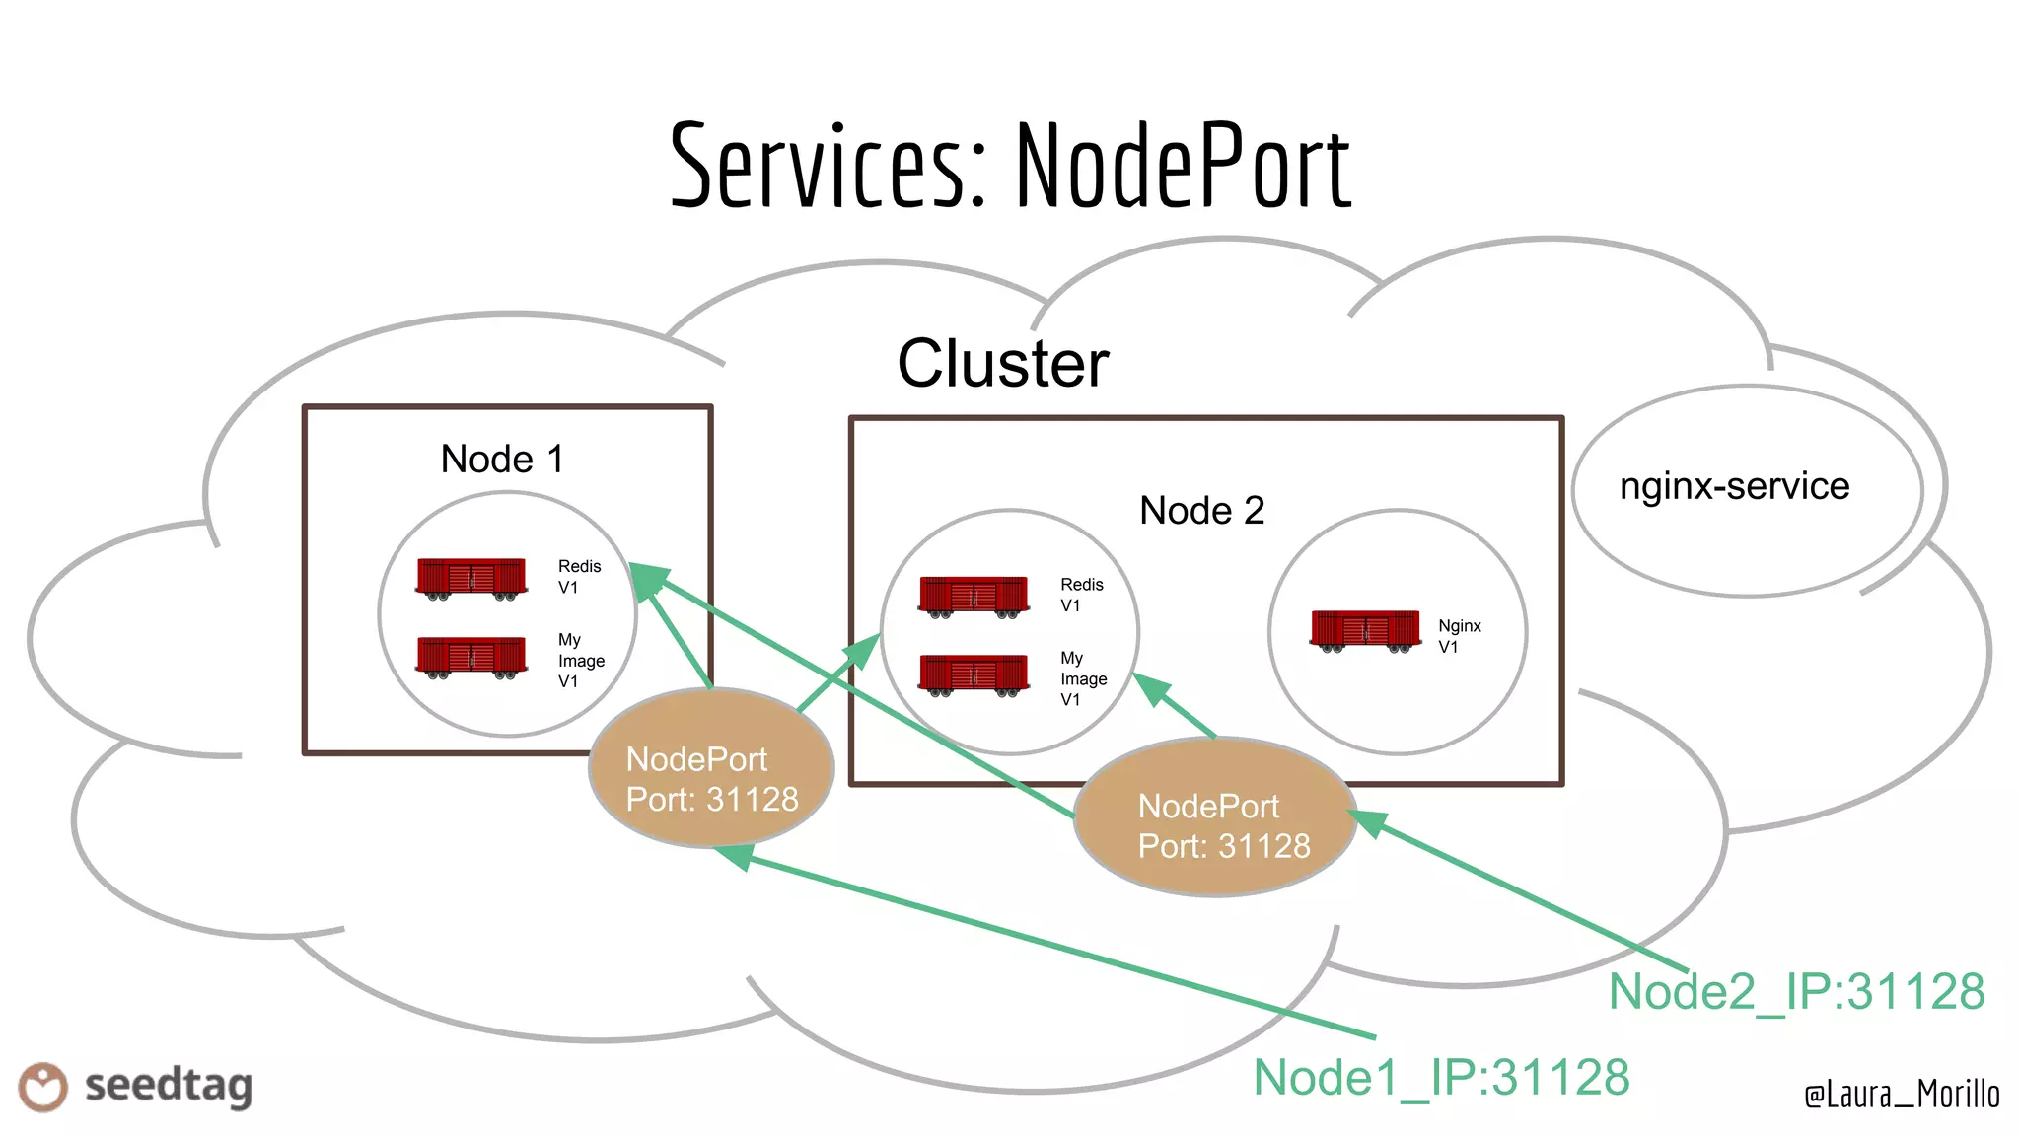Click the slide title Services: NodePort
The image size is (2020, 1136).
[1010, 166]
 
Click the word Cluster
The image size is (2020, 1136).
[1003, 363]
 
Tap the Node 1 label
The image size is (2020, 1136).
[502, 459]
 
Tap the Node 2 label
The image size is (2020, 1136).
[1201, 510]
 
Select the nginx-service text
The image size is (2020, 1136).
[1734, 486]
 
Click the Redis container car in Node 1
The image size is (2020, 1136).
[471, 578]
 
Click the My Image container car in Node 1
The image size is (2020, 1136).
[471, 657]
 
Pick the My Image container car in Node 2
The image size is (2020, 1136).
[974, 674]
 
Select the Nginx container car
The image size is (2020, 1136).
[1365, 631]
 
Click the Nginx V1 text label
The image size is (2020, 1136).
[1458, 636]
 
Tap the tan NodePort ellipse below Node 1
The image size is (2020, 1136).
[711, 769]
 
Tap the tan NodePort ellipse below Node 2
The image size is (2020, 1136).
[1214, 817]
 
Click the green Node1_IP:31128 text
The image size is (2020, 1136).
[1440, 1077]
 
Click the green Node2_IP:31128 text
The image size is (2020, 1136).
[1796, 991]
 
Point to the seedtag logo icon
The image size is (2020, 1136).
[43, 1087]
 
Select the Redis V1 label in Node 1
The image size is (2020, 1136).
[578, 577]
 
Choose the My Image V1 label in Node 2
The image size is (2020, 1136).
[1082, 678]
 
